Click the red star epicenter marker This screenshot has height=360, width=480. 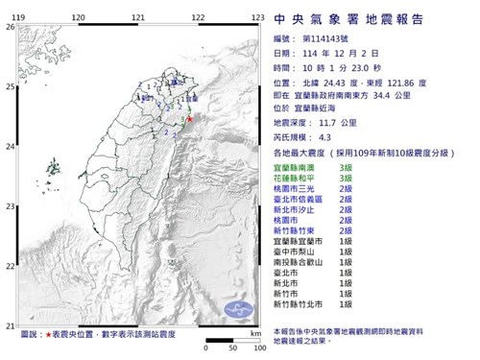tap(189, 119)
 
